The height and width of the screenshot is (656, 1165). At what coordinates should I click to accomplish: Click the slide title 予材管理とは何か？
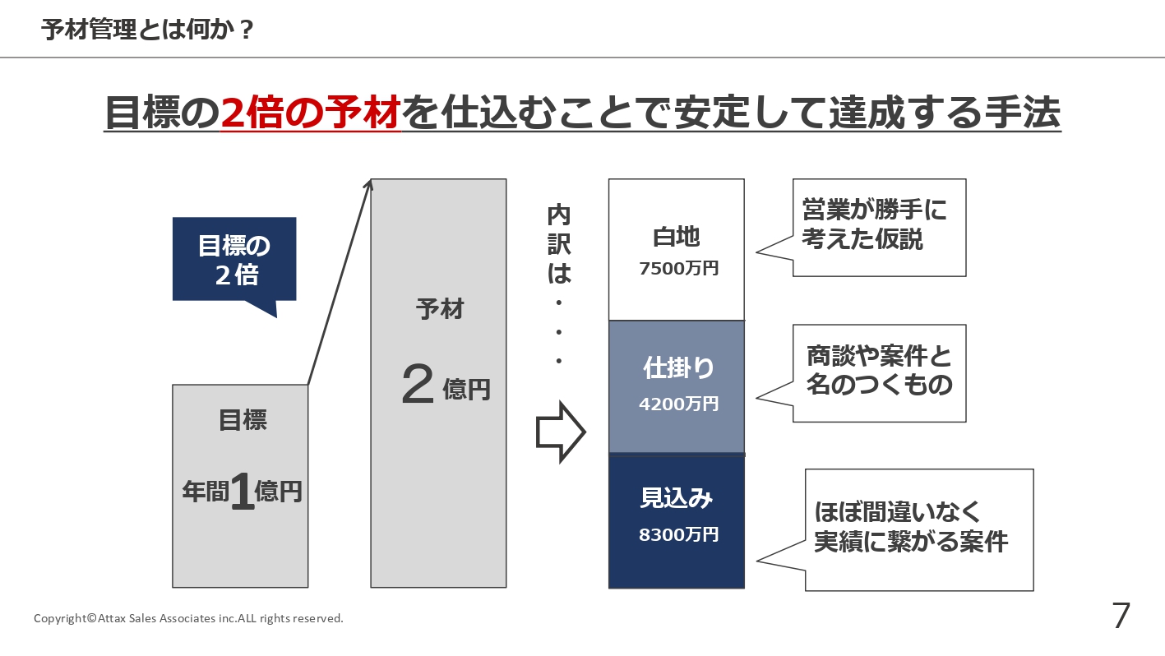coord(148,30)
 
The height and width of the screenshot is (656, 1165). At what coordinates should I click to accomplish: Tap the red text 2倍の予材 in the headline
coord(311,113)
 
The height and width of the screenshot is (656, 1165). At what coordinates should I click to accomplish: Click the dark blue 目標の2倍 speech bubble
coord(234,259)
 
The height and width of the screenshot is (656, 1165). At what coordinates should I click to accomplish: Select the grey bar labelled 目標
coord(240,543)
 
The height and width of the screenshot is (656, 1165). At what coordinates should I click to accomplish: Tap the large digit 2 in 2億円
coord(418,386)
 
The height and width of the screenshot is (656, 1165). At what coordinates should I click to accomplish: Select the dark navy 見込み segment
coord(676,563)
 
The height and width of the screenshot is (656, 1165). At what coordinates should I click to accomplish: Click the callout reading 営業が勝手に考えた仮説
coord(878,226)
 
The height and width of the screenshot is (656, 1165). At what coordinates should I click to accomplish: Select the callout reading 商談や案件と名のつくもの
coord(878,372)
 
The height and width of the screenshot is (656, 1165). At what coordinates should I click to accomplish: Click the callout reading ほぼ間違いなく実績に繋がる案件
coord(918,529)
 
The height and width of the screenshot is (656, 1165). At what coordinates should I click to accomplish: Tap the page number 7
coord(1121,616)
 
